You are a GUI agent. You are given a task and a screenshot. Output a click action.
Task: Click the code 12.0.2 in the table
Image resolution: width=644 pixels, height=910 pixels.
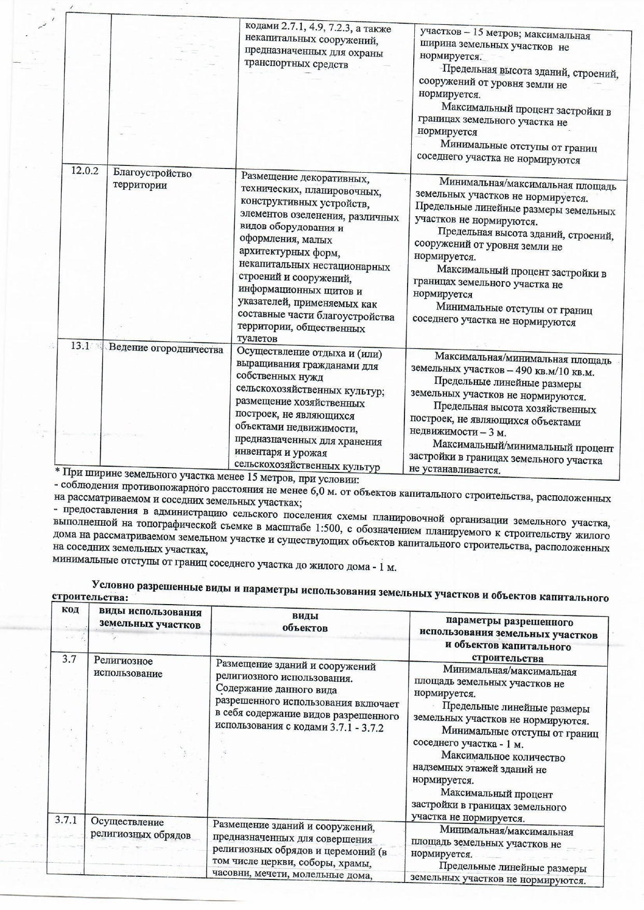(x=85, y=171)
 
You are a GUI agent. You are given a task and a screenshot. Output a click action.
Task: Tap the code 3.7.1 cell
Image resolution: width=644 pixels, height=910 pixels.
(x=66, y=820)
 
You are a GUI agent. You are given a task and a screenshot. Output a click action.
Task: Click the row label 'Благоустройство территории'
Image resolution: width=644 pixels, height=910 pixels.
(x=152, y=179)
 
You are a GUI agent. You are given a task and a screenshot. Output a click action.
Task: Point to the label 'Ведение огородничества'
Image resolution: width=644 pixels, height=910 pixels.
(x=165, y=349)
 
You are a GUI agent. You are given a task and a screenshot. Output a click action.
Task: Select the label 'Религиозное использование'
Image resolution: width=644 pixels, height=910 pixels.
(x=128, y=667)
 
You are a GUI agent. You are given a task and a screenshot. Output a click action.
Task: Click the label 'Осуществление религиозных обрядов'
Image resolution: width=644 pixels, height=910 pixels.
(x=141, y=828)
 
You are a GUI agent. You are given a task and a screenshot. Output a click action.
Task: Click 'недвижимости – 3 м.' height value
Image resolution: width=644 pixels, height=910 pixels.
(x=457, y=432)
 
